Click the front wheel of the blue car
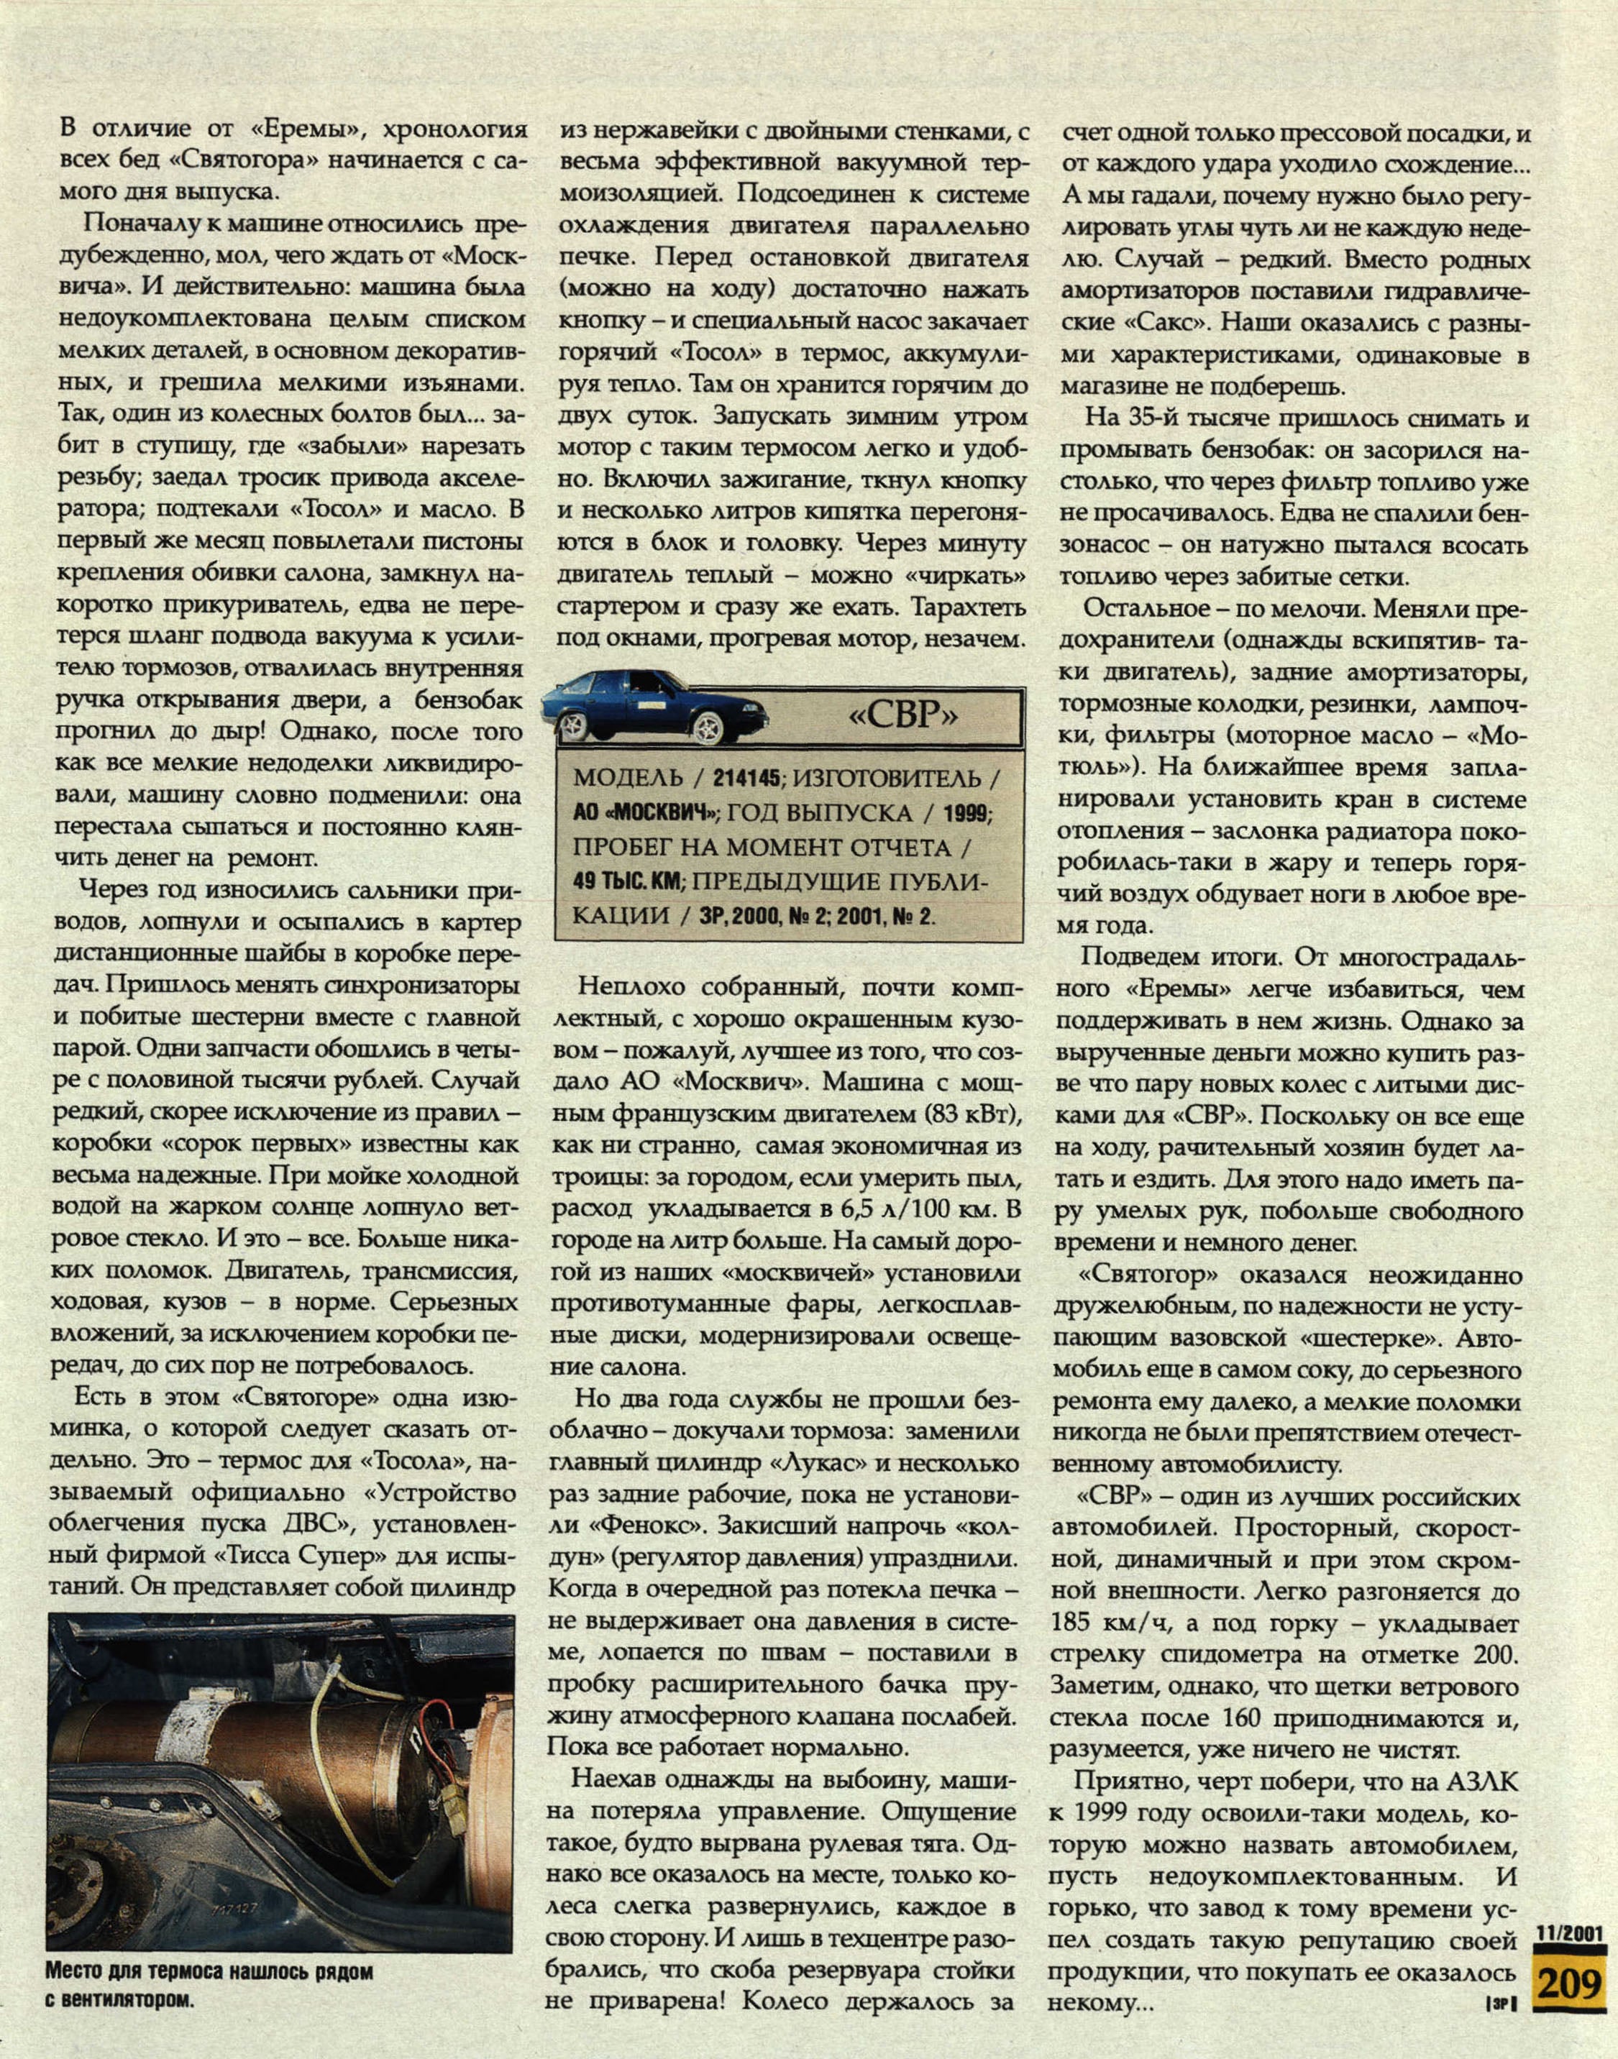coord(710,729)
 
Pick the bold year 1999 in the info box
coord(964,814)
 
